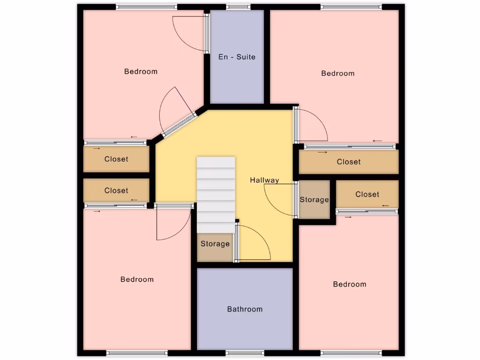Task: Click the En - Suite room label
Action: [237, 57]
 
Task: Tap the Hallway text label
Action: [264, 180]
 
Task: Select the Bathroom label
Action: [245, 309]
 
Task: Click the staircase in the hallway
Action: [216, 194]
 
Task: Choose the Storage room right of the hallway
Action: [314, 200]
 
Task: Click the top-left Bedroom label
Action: [141, 71]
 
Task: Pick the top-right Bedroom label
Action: [337, 73]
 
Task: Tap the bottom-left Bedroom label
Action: [137, 279]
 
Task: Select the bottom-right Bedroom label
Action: [350, 284]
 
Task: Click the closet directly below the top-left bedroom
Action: [116, 159]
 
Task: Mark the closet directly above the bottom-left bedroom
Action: [116, 191]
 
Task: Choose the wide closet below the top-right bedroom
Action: [349, 162]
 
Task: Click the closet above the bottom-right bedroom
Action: [367, 195]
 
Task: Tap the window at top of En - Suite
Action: [238, 7]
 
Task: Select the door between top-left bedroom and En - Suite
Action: [206, 33]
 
